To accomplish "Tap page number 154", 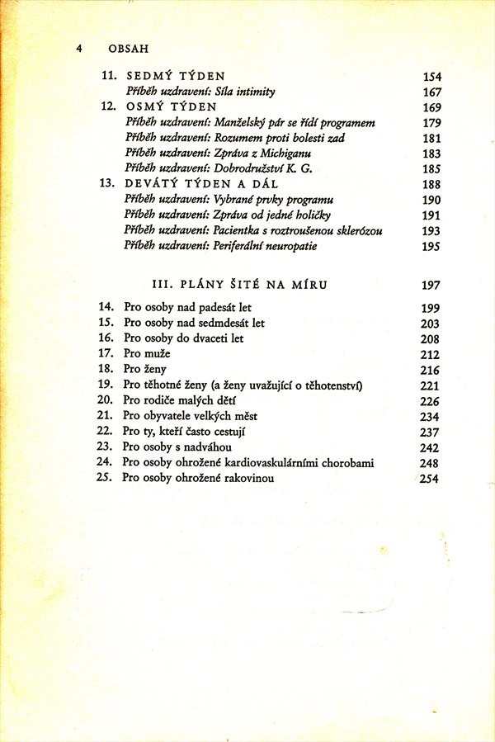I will pos(431,77).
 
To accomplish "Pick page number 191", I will pos(431,215).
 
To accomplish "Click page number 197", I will pos(431,286).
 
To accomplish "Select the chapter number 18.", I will pos(104,369).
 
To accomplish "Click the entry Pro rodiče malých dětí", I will pos(175,400).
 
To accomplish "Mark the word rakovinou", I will pos(244,478).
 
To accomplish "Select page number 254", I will pos(431,479).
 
